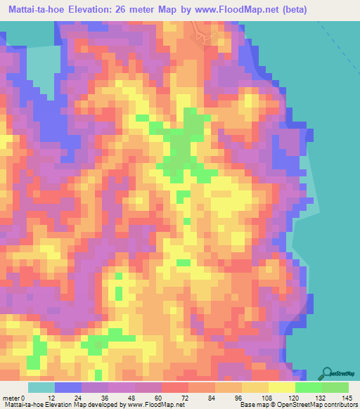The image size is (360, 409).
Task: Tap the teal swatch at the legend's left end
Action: coord(41,387)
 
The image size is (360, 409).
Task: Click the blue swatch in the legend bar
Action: coord(68,387)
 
